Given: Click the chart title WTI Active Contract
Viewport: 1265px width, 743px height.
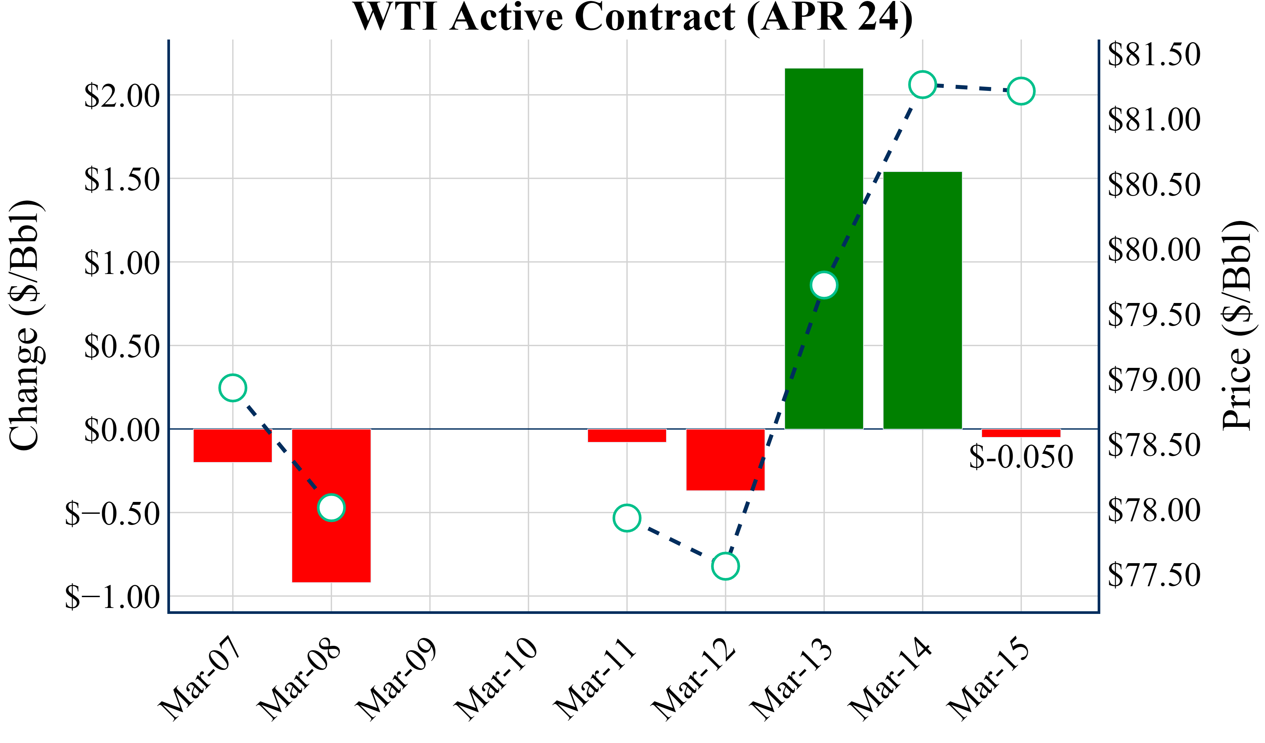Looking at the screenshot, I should point(632,17).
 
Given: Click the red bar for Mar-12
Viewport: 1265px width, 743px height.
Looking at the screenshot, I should point(725,459).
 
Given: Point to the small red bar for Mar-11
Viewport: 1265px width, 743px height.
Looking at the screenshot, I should point(627,435).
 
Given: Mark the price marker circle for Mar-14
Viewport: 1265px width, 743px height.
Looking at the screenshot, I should point(922,84).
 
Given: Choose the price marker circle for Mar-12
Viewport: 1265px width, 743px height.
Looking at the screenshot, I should point(725,566).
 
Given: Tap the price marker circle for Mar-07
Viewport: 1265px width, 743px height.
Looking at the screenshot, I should point(233,388).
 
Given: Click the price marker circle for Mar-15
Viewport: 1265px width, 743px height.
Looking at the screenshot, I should point(1021,91).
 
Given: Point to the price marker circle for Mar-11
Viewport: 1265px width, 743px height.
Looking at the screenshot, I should point(627,518).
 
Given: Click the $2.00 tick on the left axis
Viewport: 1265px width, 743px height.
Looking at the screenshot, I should point(122,96).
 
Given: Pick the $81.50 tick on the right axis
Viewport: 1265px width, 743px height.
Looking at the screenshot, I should point(1154,55).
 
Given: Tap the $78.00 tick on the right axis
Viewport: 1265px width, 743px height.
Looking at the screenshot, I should point(1154,510).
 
